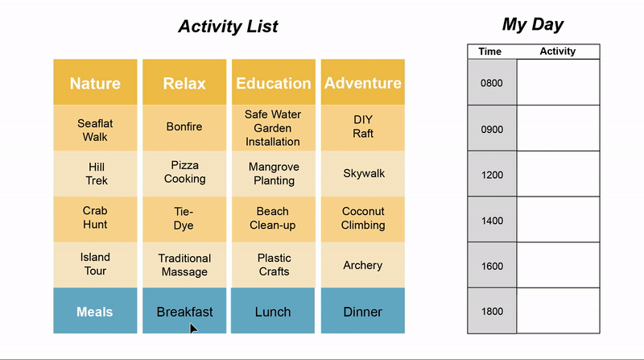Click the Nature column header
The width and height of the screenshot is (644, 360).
pyautogui.click(x=95, y=82)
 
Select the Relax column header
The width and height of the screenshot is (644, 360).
pyautogui.click(x=184, y=82)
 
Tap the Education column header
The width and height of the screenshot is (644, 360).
pyautogui.click(x=274, y=82)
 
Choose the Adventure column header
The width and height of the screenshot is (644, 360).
pyautogui.click(x=363, y=82)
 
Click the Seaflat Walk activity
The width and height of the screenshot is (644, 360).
pyautogui.click(x=95, y=128)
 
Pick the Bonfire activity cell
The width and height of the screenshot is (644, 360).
pyautogui.click(x=184, y=128)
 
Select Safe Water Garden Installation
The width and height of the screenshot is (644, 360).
pyautogui.click(x=274, y=128)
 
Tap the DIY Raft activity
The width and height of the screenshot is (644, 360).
pyautogui.click(x=363, y=128)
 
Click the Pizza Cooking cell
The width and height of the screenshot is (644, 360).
pyautogui.click(x=184, y=173)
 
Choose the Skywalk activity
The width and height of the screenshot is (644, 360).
pyautogui.click(x=363, y=173)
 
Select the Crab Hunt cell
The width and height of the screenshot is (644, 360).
pyautogui.click(x=95, y=219)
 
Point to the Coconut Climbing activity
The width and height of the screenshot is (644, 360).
pyautogui.click(x=363, y=219)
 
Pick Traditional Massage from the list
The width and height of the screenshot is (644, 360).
pyautogui.click(x=184, y=265)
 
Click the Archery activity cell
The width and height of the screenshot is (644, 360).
pyautogui.click(x=363, y=265)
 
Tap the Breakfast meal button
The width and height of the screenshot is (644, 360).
pyautogui.click(x=184, y=311)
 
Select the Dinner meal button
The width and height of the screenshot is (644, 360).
pyautogui.click(x=363, y=311)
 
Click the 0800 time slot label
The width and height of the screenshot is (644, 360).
pyautogui.click(x=492, y=82)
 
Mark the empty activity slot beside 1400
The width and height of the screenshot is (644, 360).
pyautogui.click(x=558, y=219)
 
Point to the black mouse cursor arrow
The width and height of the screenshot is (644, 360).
pyautogui.click(x=193, y=329)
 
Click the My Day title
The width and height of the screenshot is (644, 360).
pyautogui.click(x=533, y=25)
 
